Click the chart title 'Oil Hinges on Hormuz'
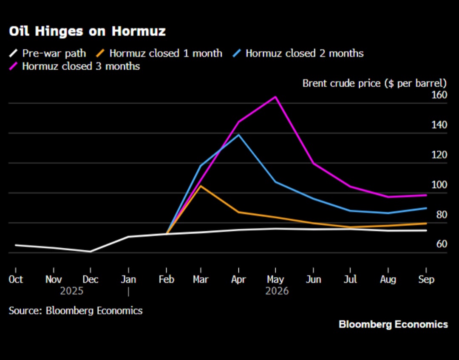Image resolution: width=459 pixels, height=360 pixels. tap(87, 31)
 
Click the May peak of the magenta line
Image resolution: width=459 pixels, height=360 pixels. tap(276, 97)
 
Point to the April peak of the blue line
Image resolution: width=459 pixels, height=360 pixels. tap(239, 135)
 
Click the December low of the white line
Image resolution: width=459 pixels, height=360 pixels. tap(91, 251)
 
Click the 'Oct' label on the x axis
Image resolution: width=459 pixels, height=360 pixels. tap(16, 280)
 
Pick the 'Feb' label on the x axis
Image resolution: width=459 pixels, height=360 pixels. tap(166, 280)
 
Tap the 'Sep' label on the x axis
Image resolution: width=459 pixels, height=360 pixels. tap(426, 280)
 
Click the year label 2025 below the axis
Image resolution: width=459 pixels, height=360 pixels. tap(72, 292)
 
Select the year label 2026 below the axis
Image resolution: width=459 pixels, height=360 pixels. tap(277, 292)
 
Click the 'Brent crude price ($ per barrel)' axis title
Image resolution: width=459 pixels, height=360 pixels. tap(374, 83)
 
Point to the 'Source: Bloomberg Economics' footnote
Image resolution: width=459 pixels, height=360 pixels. tap(76, 311)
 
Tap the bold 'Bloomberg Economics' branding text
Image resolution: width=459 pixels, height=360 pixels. tap(393, 325)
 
